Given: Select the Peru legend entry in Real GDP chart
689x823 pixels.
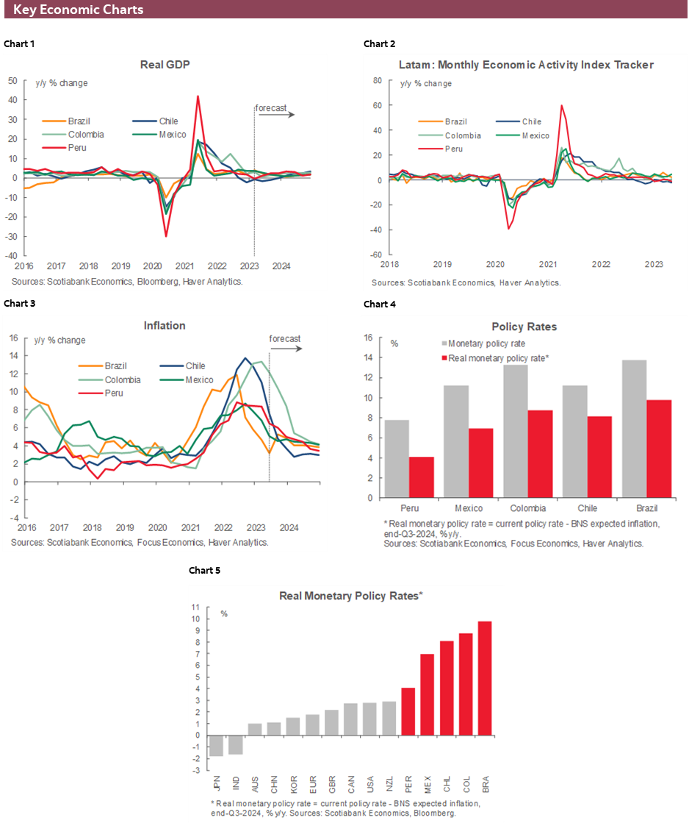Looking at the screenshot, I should click(76, 148).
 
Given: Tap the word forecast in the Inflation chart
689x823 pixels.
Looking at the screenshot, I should click(285, 338).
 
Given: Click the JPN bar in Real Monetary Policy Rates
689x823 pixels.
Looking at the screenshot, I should click(216, 745).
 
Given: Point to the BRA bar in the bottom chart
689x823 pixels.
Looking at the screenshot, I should click(486, 677).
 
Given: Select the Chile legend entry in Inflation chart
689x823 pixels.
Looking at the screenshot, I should click(195, 366).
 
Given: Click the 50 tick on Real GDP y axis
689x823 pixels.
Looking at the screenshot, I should click(12, 79).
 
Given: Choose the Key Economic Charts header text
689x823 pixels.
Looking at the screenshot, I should click(78, 10).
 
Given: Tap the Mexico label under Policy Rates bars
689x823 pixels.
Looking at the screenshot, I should click(469, 508).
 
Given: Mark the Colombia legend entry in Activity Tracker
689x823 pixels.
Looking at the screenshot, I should click(462, 135).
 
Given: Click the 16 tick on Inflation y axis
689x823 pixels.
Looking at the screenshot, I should click(12, 338).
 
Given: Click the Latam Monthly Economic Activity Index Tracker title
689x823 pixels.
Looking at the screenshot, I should click(527, 65).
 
